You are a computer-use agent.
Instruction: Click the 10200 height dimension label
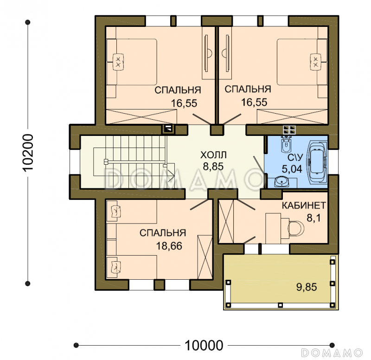click(28, 153)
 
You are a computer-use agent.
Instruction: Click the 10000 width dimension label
click(204, 345)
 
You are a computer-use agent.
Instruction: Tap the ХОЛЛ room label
click(213, 155)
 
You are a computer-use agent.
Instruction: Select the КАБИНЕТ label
click(304, 206)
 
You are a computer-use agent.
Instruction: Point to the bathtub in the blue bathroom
click(317, 162)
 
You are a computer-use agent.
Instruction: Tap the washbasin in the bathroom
click(281, 182)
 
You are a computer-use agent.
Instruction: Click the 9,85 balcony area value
click(307, 287)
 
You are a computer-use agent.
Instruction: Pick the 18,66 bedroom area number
click(169, 246)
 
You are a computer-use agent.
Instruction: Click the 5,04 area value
click(292, 169)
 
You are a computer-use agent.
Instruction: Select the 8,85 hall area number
click(213, 167)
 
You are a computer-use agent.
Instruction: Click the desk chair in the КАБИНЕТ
click(296, 228)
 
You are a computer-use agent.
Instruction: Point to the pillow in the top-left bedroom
click(118, 62)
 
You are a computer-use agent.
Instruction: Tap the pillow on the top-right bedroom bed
click(316, 62)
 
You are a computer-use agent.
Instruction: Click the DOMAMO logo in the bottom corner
click(332, 353)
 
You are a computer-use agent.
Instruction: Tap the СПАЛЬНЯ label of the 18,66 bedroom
click(163, 233)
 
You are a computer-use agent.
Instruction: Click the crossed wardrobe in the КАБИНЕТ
click(226, 222)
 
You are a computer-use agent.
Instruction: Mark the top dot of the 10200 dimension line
click(28, 22)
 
